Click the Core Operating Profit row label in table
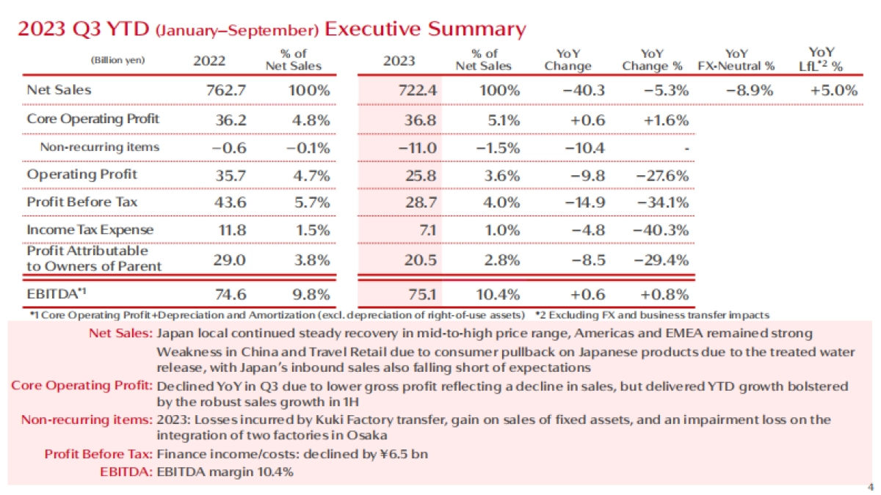click(x=93, y=119)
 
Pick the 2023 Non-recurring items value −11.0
click(x=402, y=147)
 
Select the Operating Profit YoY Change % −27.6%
click(x=662, y=175)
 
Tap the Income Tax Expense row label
click(x=90, y=230)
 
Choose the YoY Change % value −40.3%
click(x=662, y=230)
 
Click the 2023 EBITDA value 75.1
click(x=402, y=295)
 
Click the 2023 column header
click(x=399, y=61)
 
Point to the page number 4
click(x=870, y=487)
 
